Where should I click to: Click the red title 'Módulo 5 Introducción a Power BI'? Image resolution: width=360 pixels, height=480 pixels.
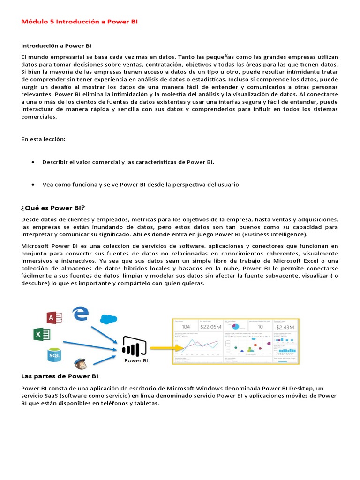pos(80,22)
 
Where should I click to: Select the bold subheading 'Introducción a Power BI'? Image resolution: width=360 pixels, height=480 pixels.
pos(56,45)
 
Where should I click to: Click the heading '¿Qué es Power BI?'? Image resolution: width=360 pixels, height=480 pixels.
pos(53,208)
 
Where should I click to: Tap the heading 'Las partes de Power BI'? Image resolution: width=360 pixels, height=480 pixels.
pos(60,376)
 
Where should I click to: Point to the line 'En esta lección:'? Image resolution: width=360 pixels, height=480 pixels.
pos(44,139)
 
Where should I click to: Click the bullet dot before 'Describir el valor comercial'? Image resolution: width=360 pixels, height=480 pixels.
pos(32,162)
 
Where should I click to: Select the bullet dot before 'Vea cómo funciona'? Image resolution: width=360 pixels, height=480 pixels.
pos(32,185)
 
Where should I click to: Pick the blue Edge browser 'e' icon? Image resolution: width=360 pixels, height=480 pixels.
pos(81,313)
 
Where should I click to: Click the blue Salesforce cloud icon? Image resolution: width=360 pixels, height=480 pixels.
pos(108,319)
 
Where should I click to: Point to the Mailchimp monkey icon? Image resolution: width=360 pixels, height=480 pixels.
pos(80,363)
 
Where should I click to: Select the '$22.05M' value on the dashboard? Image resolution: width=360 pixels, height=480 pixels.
pos(210,327)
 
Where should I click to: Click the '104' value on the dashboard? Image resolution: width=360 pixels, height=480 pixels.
pos(186,327)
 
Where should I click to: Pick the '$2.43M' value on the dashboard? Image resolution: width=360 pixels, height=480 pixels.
pos(285,327)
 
